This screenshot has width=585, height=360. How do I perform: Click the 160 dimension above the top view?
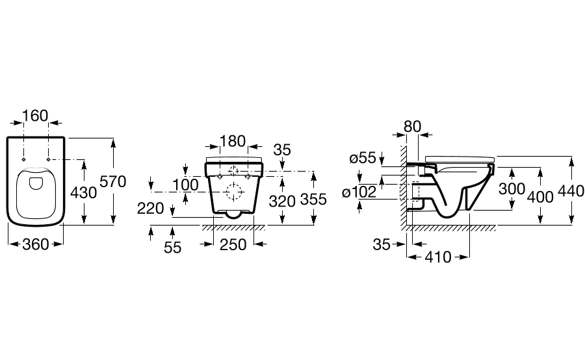pyautogui.click(x=36, y=116)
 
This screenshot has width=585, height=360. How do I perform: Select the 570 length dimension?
pyautogui.click(x=113, y=182)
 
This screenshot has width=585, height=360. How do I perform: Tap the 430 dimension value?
pyautogui.click(x=84, y=192)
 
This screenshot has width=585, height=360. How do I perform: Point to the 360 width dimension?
pyautogui.click(x=36, y=244)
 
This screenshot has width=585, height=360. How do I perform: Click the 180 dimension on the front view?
pyautogui.click(x=233, y=142)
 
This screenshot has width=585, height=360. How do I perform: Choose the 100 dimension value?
pyautogui.click(x=185, y=185)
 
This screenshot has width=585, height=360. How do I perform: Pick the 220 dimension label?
pyautogui.click(x=151, y=209)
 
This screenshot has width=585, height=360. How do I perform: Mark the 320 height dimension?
pyautogui.click(x=283, y=201)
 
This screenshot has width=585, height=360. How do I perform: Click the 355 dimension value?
pyautogui.click(x=313, y=199)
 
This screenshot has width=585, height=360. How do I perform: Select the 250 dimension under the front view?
pyautogui.click(x=233, y=245)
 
